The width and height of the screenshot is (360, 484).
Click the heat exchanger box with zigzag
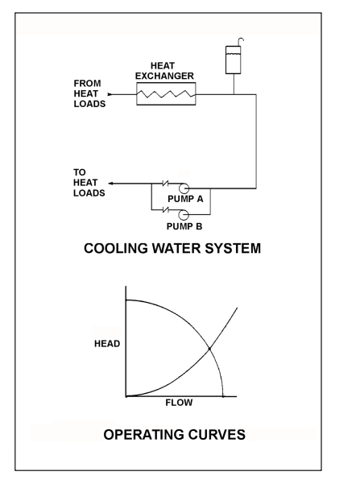[165, 95]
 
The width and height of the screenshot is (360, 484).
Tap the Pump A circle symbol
[184, 187]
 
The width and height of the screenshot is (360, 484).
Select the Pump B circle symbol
[184, 213]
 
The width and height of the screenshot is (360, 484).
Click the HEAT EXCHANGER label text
[165, 71]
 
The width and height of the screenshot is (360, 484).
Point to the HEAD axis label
[106, 344]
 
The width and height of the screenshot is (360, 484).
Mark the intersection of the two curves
[210, 348]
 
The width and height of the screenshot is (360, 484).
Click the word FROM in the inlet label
[88, 83]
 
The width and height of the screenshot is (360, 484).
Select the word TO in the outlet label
[80, 172]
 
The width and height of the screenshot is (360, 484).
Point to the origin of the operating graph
[126, 395]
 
